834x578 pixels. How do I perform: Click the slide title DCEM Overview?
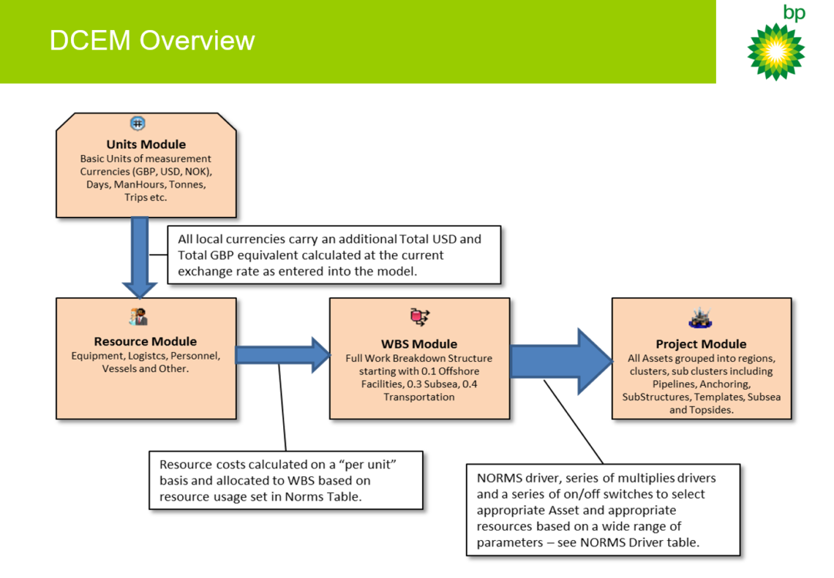coord(152,40)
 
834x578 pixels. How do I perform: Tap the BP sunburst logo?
coord(775,51)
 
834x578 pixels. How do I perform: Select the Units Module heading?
coord(146,145)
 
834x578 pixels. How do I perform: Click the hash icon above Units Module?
coord(138,123)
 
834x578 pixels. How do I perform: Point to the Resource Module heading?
coord(145,341)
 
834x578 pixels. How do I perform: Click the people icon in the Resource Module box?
coord(138,316)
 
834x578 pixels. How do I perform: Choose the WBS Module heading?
coord(419,343)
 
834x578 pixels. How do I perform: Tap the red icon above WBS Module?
coord(419,316)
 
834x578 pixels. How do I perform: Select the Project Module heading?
coord(701,344)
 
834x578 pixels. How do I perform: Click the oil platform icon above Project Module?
coord(700,318)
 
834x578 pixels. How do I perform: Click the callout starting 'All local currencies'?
coord(334,255)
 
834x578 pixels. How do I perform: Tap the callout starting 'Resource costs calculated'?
coord(286,480)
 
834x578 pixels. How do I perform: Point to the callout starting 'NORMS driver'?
coord(602,509)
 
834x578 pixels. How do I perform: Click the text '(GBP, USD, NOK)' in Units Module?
coord(172,171)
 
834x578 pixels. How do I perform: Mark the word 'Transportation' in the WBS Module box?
coord(419,397)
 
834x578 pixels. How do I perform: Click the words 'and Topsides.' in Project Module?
coord(701,410)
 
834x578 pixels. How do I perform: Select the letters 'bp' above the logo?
coord(793,12)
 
